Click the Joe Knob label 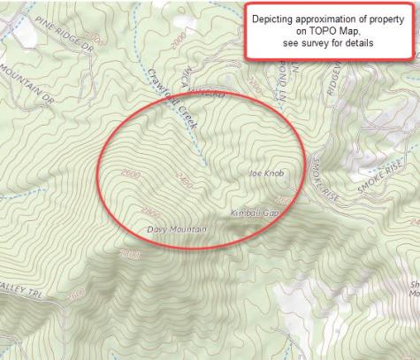coord(266,173)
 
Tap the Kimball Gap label coord(255,214)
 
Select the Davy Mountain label coord(176,230)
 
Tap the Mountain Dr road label coord(27,84)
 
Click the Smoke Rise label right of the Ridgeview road coord(381,181)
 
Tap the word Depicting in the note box coord(275,18)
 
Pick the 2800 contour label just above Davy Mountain coord(150,212)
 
